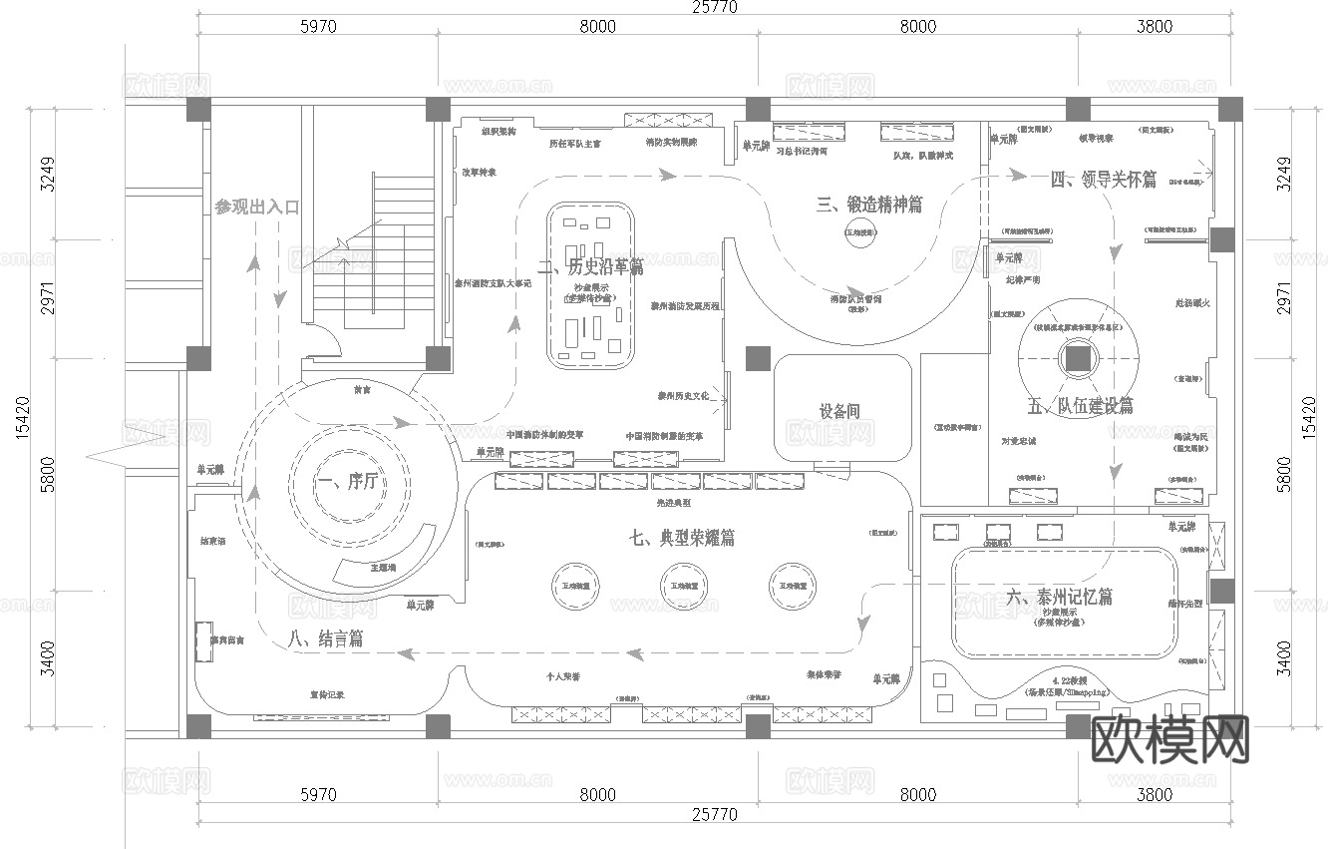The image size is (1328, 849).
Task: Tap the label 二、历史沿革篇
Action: pos(590,267)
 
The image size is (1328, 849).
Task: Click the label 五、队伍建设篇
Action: pos(1080,406)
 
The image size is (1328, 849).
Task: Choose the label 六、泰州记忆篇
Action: pos(1060,598)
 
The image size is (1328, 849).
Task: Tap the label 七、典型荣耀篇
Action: pos(683,538)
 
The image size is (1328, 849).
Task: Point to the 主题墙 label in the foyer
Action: pos(383,567)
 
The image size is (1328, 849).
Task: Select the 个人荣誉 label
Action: pos(563,677)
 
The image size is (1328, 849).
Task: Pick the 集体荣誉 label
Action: pos(824,675)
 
